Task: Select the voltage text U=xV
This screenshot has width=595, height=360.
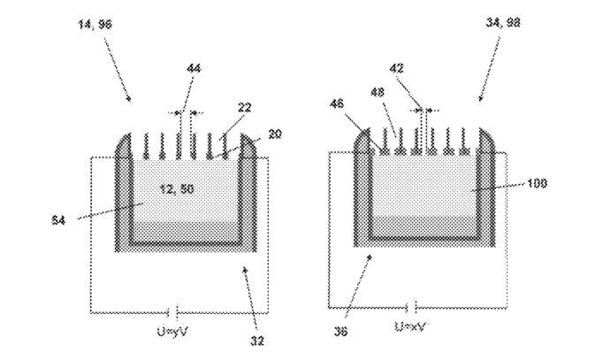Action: point(413,327)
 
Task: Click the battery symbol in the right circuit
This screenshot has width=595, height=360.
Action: point(413,307)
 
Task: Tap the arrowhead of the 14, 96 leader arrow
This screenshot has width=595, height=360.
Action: point(129,101)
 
